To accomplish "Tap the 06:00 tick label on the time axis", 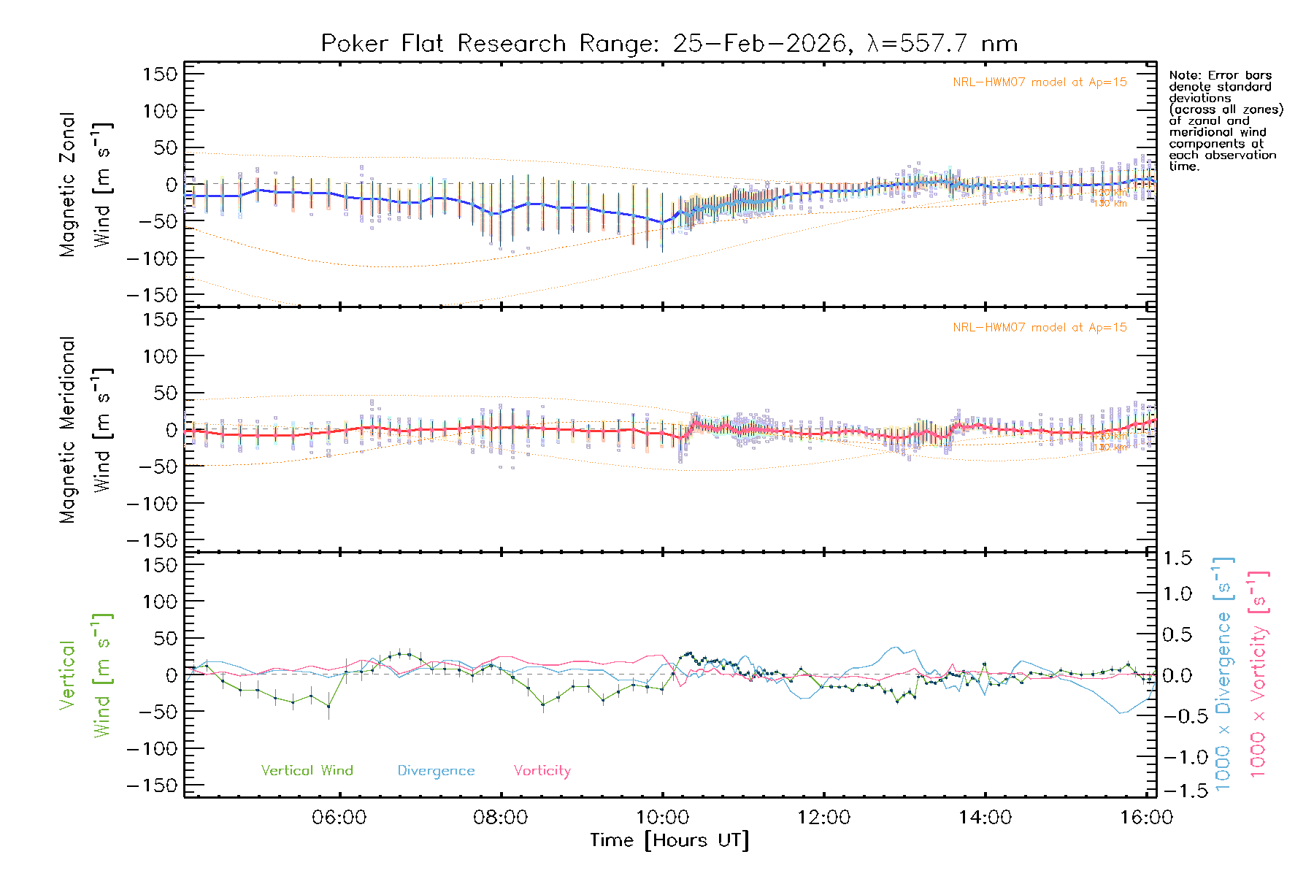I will [x=339, y=817].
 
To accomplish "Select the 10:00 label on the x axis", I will [x=662, y=817].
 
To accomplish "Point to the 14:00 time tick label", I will [x=985, y=817].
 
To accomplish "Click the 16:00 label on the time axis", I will [x=1146, y=817].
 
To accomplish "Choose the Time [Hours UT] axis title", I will [x=669, y=840].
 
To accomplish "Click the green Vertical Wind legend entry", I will [x=307, y=770].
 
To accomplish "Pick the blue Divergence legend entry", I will [x=436, y=770].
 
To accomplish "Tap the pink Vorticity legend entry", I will [x=542, y=770].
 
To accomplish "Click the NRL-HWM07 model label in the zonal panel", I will [x=1040, y=82].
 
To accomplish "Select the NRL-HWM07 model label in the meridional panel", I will [x=1040, y=327].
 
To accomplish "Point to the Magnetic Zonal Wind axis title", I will [x=85, y=184].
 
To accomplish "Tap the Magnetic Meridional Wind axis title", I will [x=85, y=429].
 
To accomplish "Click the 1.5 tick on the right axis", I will [x=1177, y=558].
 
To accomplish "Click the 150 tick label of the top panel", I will [x=160, y=74].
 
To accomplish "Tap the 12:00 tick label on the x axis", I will [x=823, y=817].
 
